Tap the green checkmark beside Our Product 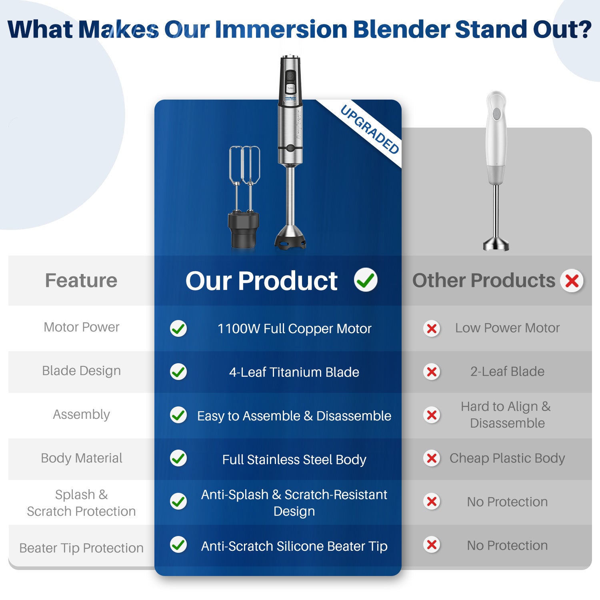click(x=366, y=280)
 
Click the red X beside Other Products click(x=572, y=281)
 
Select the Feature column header click(x=81, y=280)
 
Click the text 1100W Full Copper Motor click(x=294, y=329)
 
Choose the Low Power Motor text click(x=507, y=328)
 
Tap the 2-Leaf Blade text click(x=507, y=372)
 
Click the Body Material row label click(x=82, y=458)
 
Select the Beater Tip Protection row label click(x=82, y=548)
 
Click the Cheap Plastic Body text click(x=507, y=458)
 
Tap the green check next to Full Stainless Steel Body click(x=178, y=458)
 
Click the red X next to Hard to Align click(x=432, y=415)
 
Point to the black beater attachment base click(x=244, y=230)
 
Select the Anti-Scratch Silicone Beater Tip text click(x=294, y=546)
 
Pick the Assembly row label click(x=82, y=415)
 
